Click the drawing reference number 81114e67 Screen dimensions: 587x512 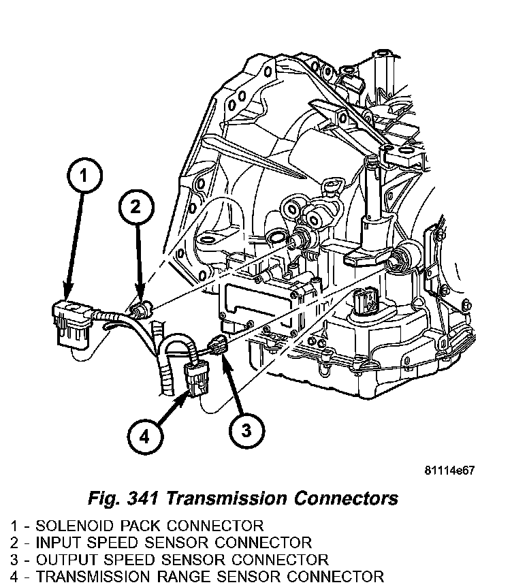(x=449, y=471)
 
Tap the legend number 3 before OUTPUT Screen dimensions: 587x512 (x=14, y=560)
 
